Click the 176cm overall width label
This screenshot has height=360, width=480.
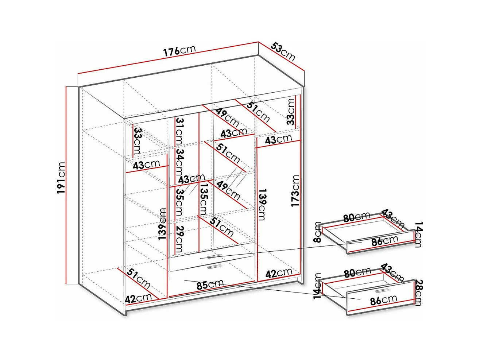tap(179, 51)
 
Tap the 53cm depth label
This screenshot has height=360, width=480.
tap(283, 51)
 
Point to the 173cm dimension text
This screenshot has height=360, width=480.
tap(295, 190)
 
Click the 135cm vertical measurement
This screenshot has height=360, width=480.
tap(204, 199)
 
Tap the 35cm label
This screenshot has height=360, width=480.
tap(179, 201)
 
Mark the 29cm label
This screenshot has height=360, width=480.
tap(179, 239)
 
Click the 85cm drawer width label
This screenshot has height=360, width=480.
tap(210, 284)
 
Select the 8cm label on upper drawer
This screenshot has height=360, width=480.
tap(318, 232)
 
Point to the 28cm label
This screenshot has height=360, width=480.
tap(418, 293)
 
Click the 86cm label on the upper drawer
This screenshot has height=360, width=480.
tap(384, 241)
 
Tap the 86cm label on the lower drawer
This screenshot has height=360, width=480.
tap(383, 300)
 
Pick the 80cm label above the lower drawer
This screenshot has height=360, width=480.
tap(357, 272)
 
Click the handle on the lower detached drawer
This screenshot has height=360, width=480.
tap(382, 291)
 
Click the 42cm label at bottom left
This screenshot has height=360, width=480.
tap(138, 298)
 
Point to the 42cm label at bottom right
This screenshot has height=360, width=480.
tap(279, 273)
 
